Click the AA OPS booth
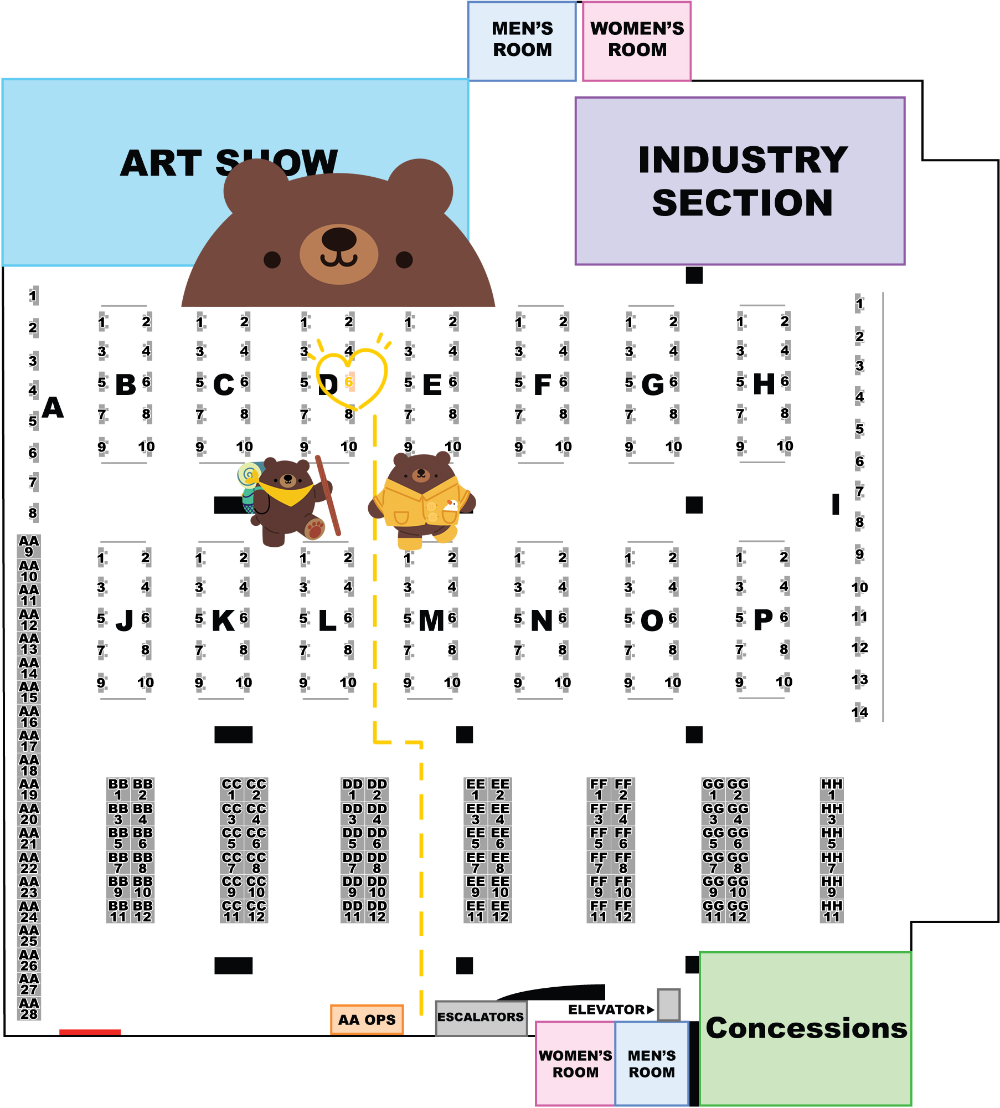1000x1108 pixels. (x=367, y=1019)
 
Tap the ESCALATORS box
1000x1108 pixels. (x=481, y=1017)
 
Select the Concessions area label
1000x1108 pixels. (x=806, y=1028)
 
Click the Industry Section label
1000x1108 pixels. (x=742, y=181)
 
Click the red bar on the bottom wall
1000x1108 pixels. (x=90, y=1032)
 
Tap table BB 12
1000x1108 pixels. (x=143, y=911)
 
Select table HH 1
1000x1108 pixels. (x=832, y=789)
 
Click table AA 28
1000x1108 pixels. (x=29, y=1009)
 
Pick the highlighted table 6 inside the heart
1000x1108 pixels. (x=349, y=382)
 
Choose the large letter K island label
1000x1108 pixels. (x=223, y=620)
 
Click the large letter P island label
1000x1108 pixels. (x=763, y=619)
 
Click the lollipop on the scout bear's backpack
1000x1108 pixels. (x=249, y=474)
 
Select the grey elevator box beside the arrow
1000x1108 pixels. (x=669, y=1004)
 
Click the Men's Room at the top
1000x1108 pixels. (x=522, y=40)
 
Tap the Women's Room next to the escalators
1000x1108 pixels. (x=575, y=1064)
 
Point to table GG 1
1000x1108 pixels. (x=713, y=789)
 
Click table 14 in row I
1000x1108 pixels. (x=859, y=712)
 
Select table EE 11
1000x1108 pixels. (x=476, y=911)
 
